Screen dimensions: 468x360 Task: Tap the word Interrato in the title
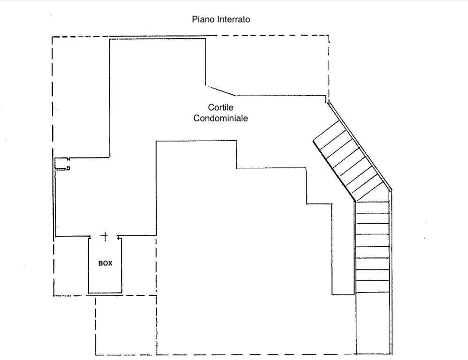coord(234,19)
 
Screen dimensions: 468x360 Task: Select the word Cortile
coord(220,107)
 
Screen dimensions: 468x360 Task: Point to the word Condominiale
coord(220,118)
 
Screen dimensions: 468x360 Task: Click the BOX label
coord(106,263)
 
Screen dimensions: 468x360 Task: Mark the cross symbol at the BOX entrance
coord(105,237)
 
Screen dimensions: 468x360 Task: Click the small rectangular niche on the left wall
coord(62,164)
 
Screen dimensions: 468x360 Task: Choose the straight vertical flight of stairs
coord(373,247)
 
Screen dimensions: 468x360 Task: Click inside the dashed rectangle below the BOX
coord(126,325)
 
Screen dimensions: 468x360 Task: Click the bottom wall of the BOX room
coord(105,293)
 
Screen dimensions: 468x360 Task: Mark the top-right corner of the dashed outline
coord(329,36)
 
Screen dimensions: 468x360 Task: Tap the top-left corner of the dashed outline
coord(52,37)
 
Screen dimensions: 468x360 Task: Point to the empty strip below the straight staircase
coord(373,323)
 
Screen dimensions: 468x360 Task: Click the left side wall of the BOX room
coord(89,265)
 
